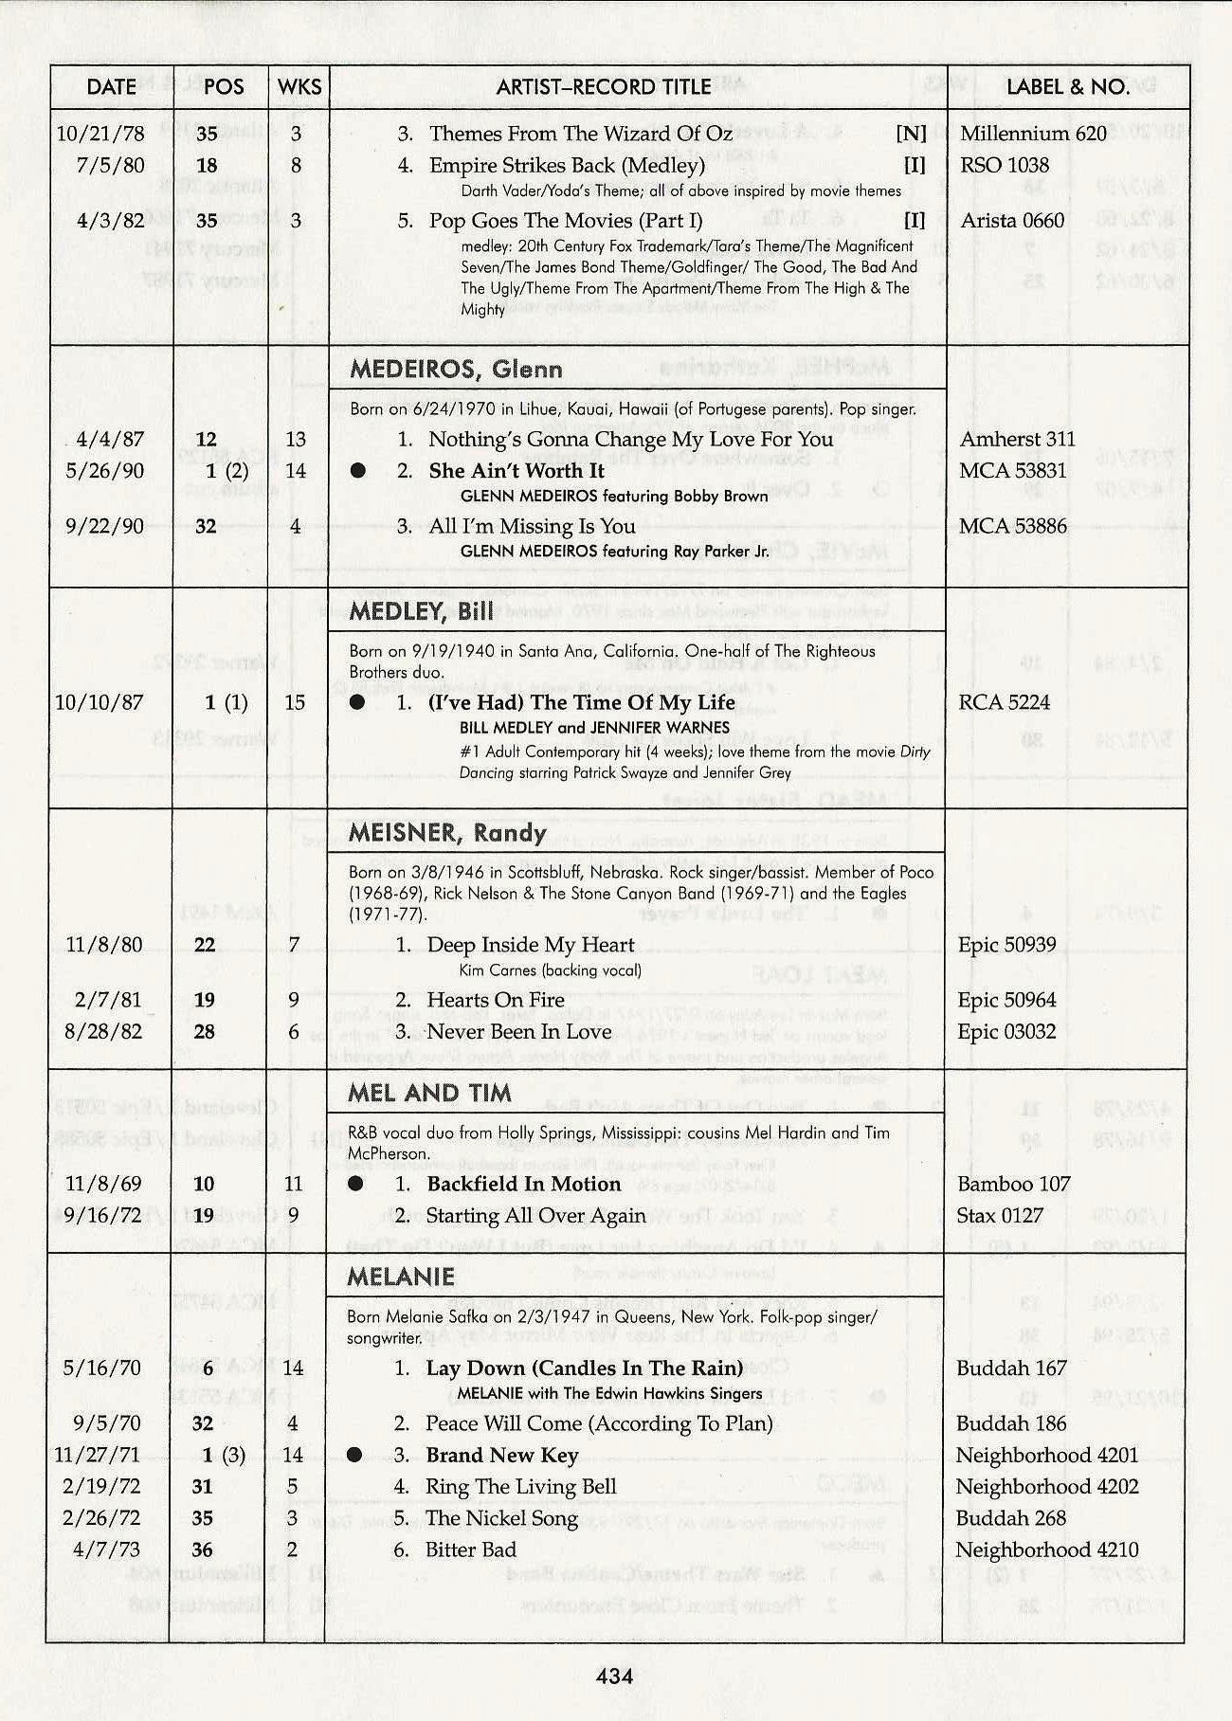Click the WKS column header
tap(299, 87)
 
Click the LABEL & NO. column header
tap(1067, 87)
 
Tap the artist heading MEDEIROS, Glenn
tap(456, 370)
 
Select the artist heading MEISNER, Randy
tap(447, 833)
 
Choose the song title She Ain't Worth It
tap(516, 471)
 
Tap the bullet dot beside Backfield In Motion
tap(355, 1184)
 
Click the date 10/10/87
tap(99, 702)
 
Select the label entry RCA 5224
tap(1005, 702)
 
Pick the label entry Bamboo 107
tap(1013, 1184)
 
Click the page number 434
tap(614, 1676)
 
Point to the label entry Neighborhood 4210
tap(1046, 1549)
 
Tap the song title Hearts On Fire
tap(495, 1000)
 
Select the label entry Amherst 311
tap(1017, 439)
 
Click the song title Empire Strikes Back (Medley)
tap(567, 166)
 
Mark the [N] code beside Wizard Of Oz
tap(911, 134)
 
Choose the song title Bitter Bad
tap(471, 1549)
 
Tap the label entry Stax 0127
tap(1000, 1215)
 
